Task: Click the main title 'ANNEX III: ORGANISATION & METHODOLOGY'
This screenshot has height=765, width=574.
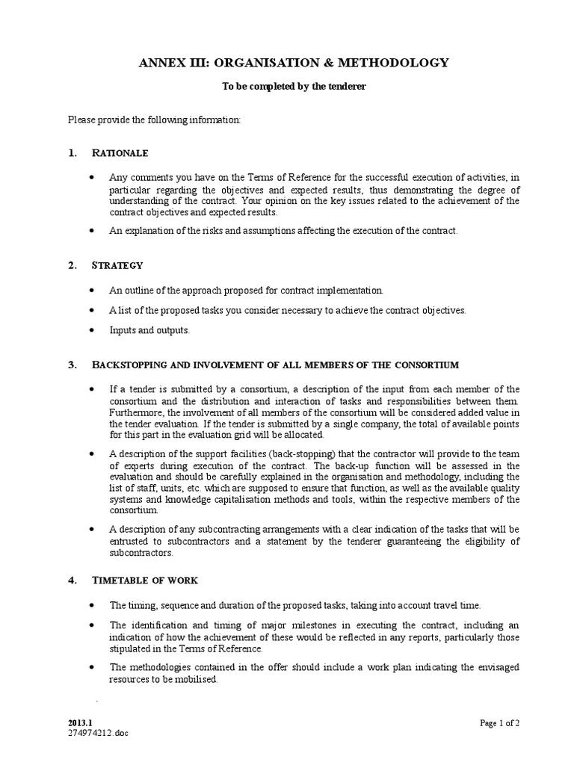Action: (294, 63)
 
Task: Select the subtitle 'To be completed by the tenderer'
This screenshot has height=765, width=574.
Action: (294, 87)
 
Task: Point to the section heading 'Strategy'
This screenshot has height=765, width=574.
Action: (117, 265)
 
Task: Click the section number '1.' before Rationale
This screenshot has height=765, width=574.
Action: (72, 153)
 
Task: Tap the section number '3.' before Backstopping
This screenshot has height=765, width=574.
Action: (72, 365)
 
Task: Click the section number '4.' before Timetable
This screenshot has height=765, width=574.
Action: (72, 580)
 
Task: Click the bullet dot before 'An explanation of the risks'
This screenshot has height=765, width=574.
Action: (91, 231)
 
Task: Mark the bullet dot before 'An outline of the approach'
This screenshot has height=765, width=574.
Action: (91, 290)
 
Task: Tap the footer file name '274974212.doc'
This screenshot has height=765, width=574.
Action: (97, 734)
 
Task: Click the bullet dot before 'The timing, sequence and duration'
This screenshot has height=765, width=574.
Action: (91, 605)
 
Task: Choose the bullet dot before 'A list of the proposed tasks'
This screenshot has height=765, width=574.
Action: (91, 310)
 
